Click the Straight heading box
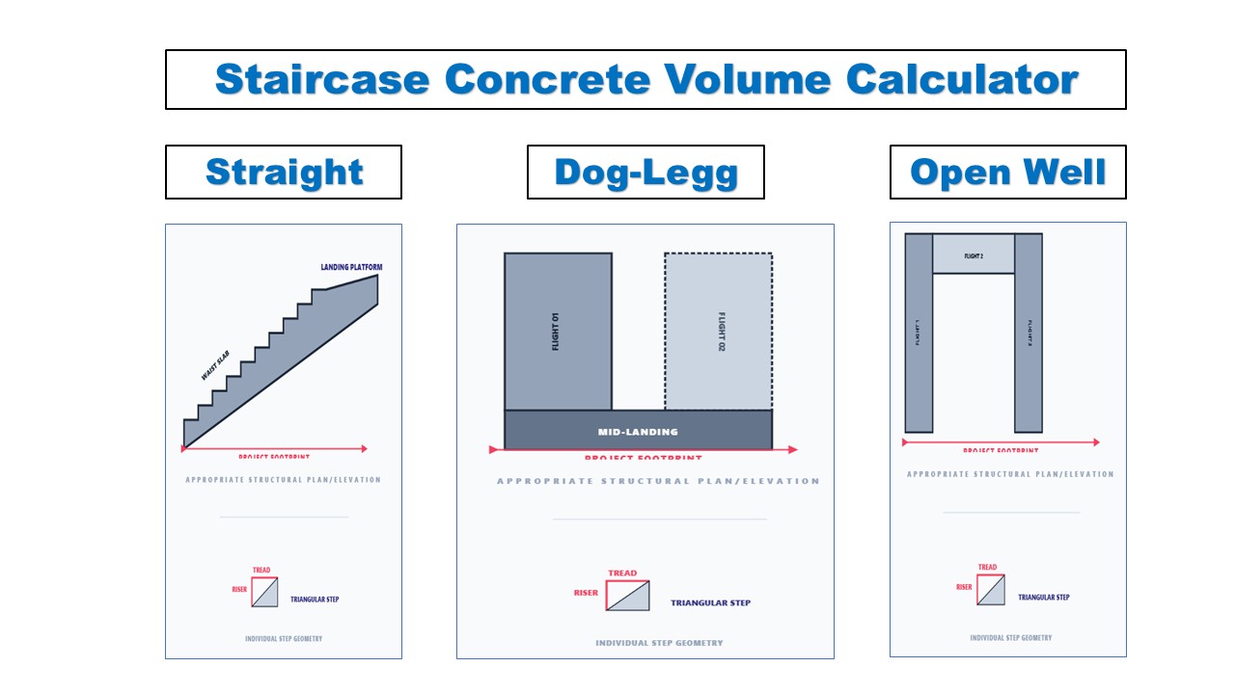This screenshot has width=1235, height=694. [x=284, y=173]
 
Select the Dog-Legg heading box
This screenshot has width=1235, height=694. [x=645, y=173]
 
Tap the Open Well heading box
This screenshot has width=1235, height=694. [x=1007, y=173]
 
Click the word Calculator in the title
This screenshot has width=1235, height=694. [x=962, y=79]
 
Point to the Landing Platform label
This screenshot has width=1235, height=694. [x=351, y=267]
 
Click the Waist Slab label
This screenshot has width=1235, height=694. [x=215, y=365]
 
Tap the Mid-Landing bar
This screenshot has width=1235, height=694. [x=638, y=431]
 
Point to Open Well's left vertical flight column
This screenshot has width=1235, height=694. [x=919, y=334]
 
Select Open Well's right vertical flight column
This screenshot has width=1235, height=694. [x=1029, y=334]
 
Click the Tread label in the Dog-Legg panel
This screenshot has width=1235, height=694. [x=622, y=574]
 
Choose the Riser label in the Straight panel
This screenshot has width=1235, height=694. [x=239, y=590]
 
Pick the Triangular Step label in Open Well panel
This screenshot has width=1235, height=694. [x=1044, y=598]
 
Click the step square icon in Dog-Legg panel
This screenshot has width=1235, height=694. [x=627, y=595]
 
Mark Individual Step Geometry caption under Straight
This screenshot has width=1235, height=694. [x=284, y=639]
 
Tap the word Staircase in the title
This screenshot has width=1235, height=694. [x=322, y=79]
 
